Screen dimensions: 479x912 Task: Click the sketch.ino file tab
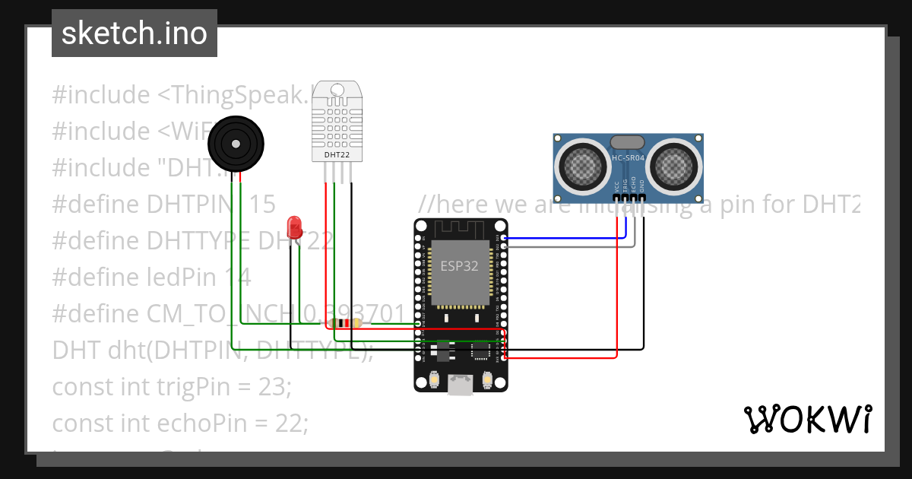tap(134, 33)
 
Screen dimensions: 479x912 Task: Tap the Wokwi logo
tap(806, 419)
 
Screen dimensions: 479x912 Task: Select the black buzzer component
tap(236, 144)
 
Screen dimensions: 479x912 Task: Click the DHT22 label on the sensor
tap(337, 154)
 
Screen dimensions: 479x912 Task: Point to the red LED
tap(295, 227)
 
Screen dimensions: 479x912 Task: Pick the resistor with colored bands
tap(347, 323)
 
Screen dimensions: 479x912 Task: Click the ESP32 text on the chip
tap(461, 267)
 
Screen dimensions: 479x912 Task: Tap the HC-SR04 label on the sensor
tap(628, 158)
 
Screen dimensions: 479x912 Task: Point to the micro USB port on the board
tap(461, 385)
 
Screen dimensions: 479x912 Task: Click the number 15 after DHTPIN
tap(262, 204)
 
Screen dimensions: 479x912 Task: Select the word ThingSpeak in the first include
tap(242, 95)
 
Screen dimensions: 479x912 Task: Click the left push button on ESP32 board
tap(434, 379)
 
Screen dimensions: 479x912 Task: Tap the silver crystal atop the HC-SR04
tap(628, 141)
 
